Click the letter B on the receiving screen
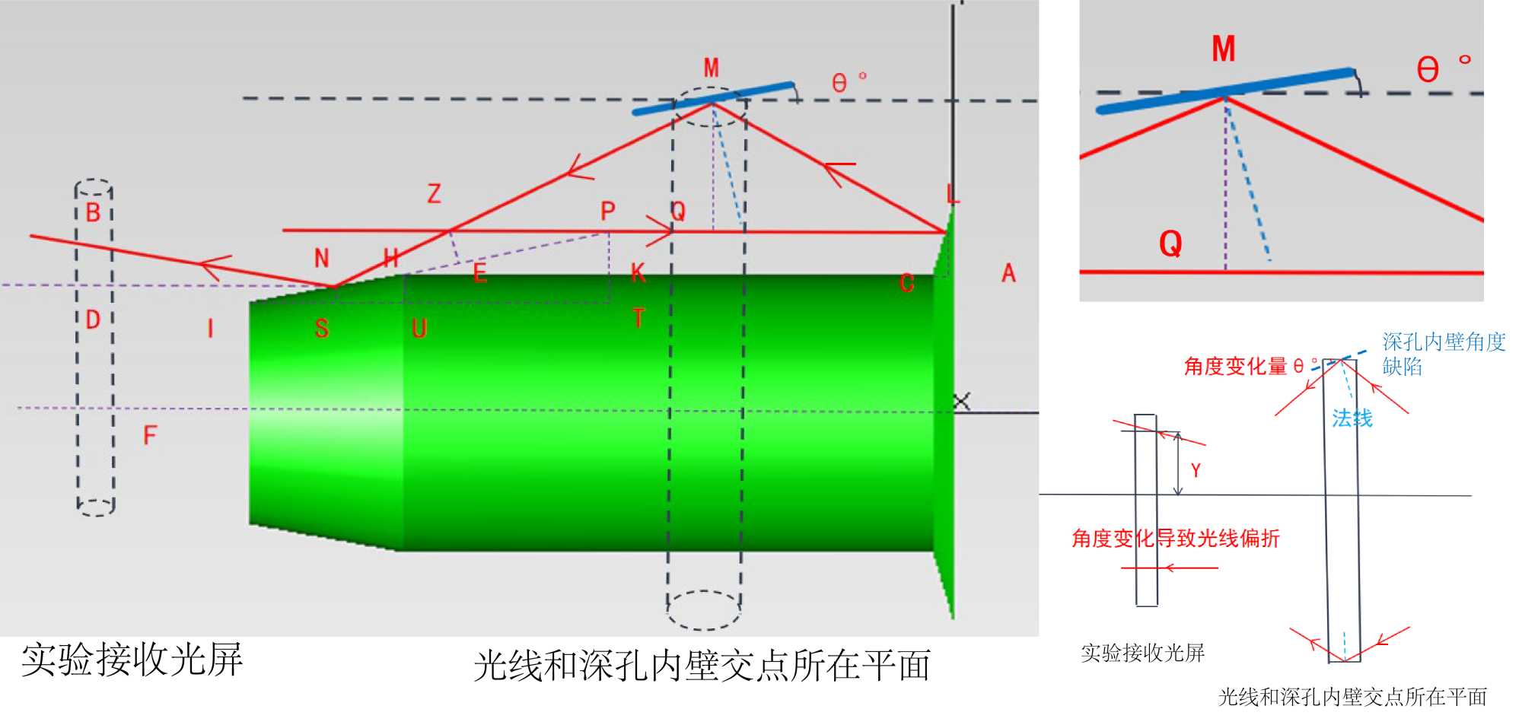click(93, 212)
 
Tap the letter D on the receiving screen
click(93, 320)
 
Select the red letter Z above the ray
click(434, 193)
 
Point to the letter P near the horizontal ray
click(607, 211)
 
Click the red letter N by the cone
click(322, 259)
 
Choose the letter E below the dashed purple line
click(479, 273)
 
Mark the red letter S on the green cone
click(322, 329)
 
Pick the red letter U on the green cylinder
click(419, 329)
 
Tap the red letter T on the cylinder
click(638, 318)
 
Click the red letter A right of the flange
click(1008, 273)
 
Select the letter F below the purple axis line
click(150, 435)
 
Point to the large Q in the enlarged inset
click(1170, 243)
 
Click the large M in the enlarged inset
click(1223, 49)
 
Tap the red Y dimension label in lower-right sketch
click(1196, 470)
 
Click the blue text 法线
click(1352, 418)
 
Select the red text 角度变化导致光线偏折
click(1176, 539)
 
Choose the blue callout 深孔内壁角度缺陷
click(1443, 354)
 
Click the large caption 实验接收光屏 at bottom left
click(132, 659)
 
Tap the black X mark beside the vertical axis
click(962, 401)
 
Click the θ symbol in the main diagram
click(839, 83)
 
